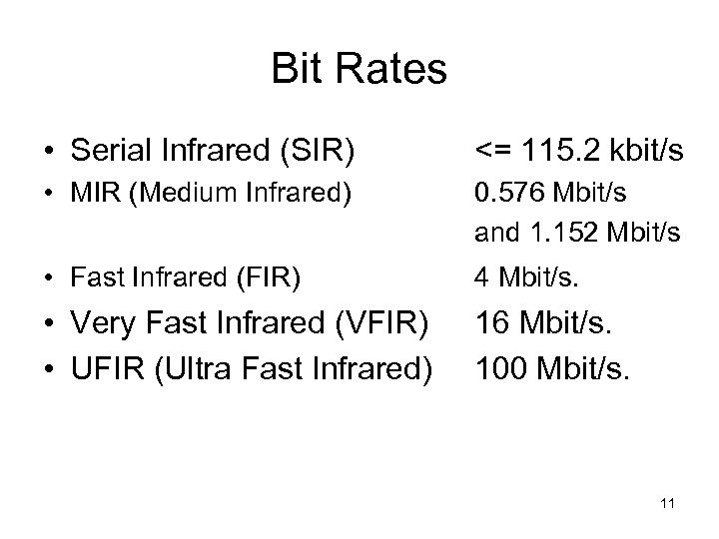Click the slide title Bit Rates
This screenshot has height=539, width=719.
(x=359, y=70)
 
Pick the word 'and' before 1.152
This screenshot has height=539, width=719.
(x=492, y=234)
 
